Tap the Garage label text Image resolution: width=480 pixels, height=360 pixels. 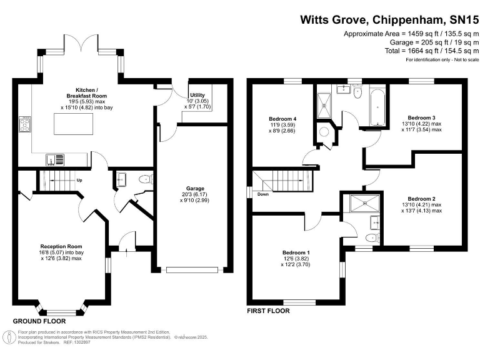pos(196,188)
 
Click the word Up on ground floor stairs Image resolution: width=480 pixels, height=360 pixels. pos(79,181)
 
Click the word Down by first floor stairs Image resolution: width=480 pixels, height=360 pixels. pos(264,194)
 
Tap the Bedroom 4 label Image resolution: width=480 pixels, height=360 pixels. pos(282,119)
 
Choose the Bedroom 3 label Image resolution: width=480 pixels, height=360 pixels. pos(421,117)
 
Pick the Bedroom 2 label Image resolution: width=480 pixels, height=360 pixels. pos(421,199)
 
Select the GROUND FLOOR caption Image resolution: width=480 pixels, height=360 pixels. pos(39,321)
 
